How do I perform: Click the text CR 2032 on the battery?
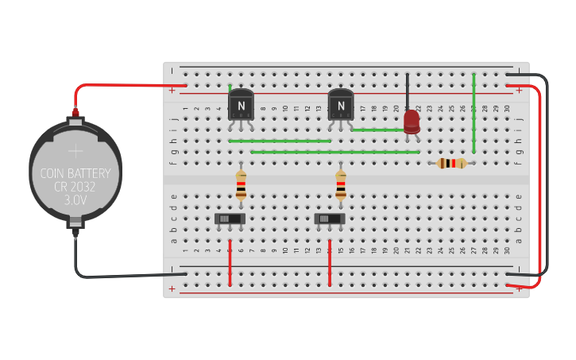pos(75,188)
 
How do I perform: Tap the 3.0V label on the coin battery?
pos(75,201)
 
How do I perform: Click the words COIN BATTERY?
pos(75,173)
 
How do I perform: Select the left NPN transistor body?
pos(241,105)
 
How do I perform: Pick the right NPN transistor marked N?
pos(341,105)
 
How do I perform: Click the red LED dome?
pos(412,121)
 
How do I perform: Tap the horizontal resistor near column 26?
pos(451,163)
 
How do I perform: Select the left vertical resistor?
pos(241,185)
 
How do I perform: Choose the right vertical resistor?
pos(341,185)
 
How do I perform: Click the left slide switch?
pos(230,219)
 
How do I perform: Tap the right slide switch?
pos(330,219)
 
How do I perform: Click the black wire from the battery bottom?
pos(119,276)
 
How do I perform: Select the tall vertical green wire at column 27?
pos(474,111)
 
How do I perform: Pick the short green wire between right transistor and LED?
pos(377,130)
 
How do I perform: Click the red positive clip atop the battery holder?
pos(75,113)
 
